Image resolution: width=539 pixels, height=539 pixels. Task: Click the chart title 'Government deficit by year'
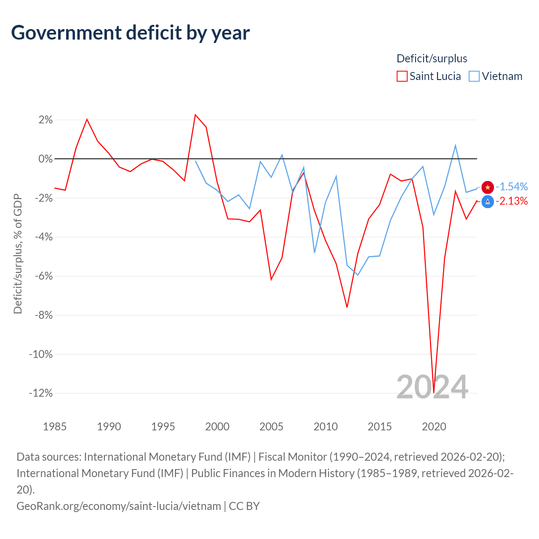pos(131,33)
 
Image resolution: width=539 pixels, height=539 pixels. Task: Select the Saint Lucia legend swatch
pos(402,76)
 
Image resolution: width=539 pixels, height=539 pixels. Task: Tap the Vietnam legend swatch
pos(474,76)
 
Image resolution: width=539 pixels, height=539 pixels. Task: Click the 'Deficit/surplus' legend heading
pos(432,59)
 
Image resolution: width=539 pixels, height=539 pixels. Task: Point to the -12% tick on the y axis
pos(41,393)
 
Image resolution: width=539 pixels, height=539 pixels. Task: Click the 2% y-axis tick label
pos(45,120)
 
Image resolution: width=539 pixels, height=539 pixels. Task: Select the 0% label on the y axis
pos(45,159)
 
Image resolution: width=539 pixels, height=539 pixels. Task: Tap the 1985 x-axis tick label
pos(55,427)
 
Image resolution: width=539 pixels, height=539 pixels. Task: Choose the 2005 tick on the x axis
pos(271,427)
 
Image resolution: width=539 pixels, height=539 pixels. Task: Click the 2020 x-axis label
pos(434,427)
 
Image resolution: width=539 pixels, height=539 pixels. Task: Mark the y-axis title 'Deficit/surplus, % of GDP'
pos(18,253)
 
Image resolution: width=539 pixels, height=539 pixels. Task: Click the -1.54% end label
pos(512,187)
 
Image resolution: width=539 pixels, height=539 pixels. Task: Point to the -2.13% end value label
pos(512,201)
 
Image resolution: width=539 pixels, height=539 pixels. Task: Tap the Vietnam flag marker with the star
pos(488,187)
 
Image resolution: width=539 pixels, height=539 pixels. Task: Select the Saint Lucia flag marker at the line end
pos(488,202)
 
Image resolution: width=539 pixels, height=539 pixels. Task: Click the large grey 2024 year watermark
pos(432,387)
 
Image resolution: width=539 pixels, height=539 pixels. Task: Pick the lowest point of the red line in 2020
pos(434,392)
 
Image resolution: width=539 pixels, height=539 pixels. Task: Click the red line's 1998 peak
pos(195,115)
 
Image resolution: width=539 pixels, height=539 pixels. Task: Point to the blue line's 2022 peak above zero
pos(455,146)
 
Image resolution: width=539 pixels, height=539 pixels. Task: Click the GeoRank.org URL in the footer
pos(119,506)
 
